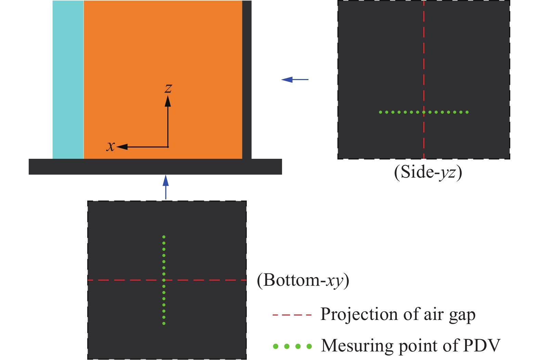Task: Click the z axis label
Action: (x=168, y=88)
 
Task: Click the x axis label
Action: (x=111, y=146)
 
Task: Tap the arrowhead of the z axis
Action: (x=168, y=101)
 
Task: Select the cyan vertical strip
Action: (x=68, y=79)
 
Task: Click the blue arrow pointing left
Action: (x=295, y=79)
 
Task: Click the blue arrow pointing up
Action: (x=166, y=187)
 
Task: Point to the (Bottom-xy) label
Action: (x=303, y=280)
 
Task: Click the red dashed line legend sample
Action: (x=292, y=314)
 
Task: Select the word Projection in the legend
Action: (x=359, y=314)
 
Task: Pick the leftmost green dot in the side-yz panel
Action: (x=381, y=112)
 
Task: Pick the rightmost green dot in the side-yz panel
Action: (x=467, y=112)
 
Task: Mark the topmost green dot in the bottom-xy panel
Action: (x=164, y=237)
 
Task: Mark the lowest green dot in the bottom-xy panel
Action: (x=164, y=323)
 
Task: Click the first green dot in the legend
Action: (x=275, y=346)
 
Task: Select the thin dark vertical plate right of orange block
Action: (x=247, y=79)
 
